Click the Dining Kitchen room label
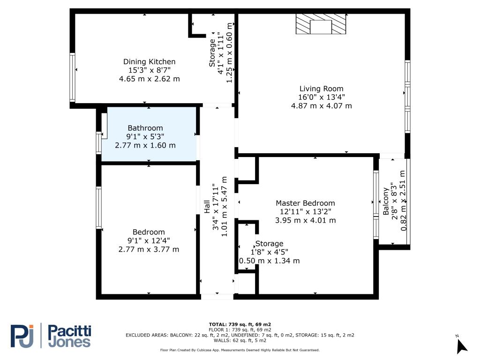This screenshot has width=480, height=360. tap(149, 62)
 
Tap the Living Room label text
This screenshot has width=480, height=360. tap(322, 89)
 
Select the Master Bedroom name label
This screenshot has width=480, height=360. tap(305, 203)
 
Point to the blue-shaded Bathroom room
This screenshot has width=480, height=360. tap(149, 134)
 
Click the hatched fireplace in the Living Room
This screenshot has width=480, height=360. tap(321, 24)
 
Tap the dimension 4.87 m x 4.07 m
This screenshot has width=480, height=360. tap(322, 106)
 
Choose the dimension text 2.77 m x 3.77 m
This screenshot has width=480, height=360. tap(149, 249)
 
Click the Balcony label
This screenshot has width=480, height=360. tap(386, 201)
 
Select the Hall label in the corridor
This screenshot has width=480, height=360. tap(207, 207)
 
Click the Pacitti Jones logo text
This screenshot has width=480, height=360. tap(70, 336)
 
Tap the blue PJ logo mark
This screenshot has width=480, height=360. tap(22, 336)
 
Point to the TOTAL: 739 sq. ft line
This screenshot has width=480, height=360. tap(240, 324)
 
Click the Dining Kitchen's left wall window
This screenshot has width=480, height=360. tap(72, 77)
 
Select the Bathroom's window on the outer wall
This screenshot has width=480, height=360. tap(98, 142)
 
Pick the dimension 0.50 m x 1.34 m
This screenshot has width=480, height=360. tap(270, 261)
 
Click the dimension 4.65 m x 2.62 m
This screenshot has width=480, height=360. tap(150, 79)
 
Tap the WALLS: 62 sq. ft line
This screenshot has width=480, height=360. tap(240, 340)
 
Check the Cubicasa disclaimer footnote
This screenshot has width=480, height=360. tap(240, 350)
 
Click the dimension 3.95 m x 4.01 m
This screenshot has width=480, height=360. tap(306, 220)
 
